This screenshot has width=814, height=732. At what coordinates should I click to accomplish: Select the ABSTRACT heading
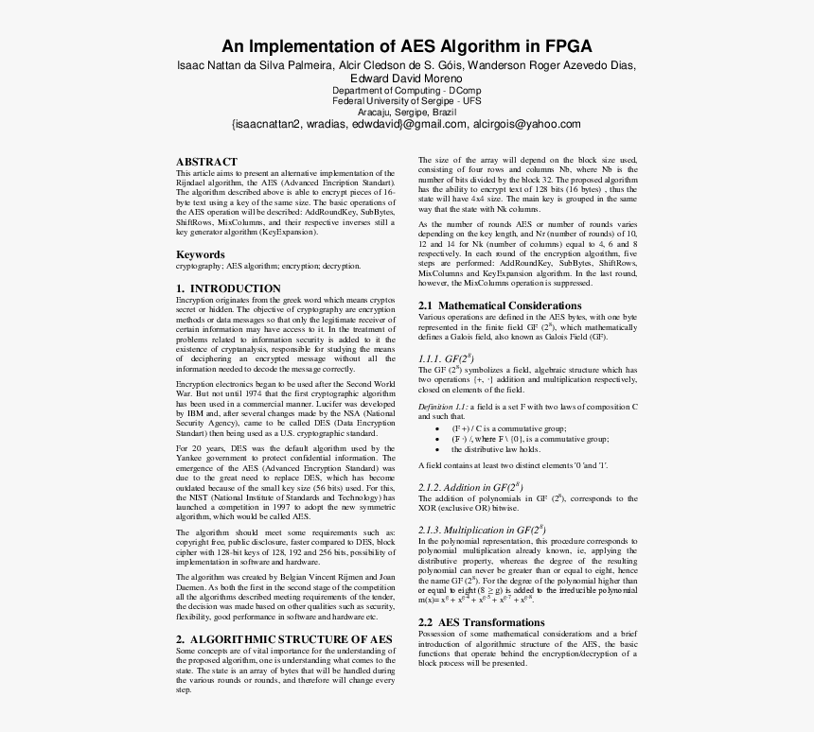point(206,162)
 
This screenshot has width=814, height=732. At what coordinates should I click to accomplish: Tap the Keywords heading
point(201,254)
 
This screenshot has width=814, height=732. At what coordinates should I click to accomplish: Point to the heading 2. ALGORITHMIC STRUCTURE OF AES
point(284,639)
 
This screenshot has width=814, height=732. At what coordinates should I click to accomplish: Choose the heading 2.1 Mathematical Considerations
point(500,305)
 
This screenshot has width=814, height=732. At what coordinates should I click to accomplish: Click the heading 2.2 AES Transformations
point(481,622)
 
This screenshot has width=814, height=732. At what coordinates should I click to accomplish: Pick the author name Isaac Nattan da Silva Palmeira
point(253,64)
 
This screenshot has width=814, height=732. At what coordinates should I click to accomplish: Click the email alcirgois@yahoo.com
point(527,124)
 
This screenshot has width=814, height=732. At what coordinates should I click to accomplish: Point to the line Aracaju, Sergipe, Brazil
point(406,111)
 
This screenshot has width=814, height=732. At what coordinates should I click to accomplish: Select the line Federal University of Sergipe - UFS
point(406,100)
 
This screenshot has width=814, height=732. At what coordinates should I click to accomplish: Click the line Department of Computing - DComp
point(406,90)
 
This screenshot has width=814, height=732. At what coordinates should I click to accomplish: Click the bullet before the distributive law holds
point(436,449)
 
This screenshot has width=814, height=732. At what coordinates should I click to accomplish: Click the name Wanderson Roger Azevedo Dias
point(559,64)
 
